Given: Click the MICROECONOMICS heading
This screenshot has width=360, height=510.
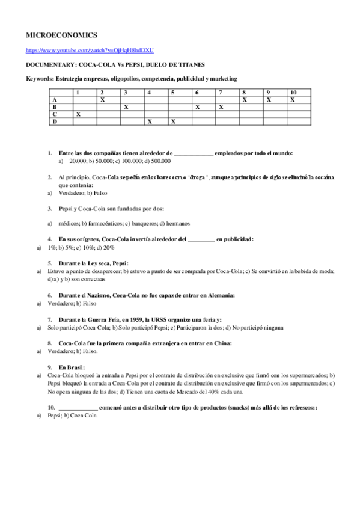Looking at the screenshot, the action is click(62, 36).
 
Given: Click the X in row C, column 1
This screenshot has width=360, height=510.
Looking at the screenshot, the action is click(78, 114).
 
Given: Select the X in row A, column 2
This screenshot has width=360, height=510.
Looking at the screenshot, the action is click(102, 99).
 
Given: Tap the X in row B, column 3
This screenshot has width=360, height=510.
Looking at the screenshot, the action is click(126, 106).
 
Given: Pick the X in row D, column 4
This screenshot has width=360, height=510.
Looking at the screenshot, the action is click(149, 121).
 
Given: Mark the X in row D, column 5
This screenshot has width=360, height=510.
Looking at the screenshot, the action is click(172, 121).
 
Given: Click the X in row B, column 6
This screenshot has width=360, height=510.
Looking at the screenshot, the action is click(197, 106).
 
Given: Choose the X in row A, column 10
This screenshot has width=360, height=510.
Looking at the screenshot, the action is click(292, 99).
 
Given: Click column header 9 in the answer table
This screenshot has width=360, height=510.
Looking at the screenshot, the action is click(268, 92).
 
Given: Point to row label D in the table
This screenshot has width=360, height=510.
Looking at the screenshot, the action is click(55, 121).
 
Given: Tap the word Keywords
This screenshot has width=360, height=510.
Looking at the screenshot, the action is click(40, 78).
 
